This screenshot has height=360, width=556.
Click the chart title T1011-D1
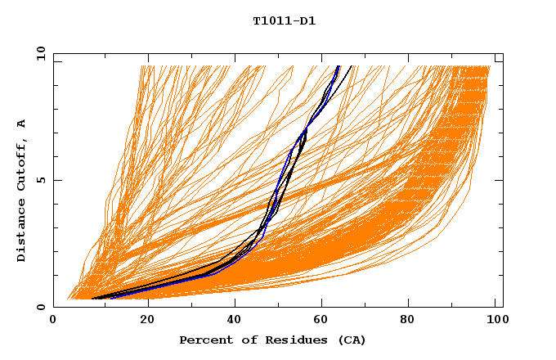[284, 21]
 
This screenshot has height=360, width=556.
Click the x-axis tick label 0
[53, 320]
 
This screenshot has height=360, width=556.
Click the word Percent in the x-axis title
[203, 340]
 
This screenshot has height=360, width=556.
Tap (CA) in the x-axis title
[351, 340]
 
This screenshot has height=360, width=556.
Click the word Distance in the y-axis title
[22, 232]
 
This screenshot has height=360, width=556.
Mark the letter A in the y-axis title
[22, 124]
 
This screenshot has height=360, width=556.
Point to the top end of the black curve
[352, 65]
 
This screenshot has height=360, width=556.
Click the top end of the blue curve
[338, 65]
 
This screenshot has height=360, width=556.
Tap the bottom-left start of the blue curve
[110, 298]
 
